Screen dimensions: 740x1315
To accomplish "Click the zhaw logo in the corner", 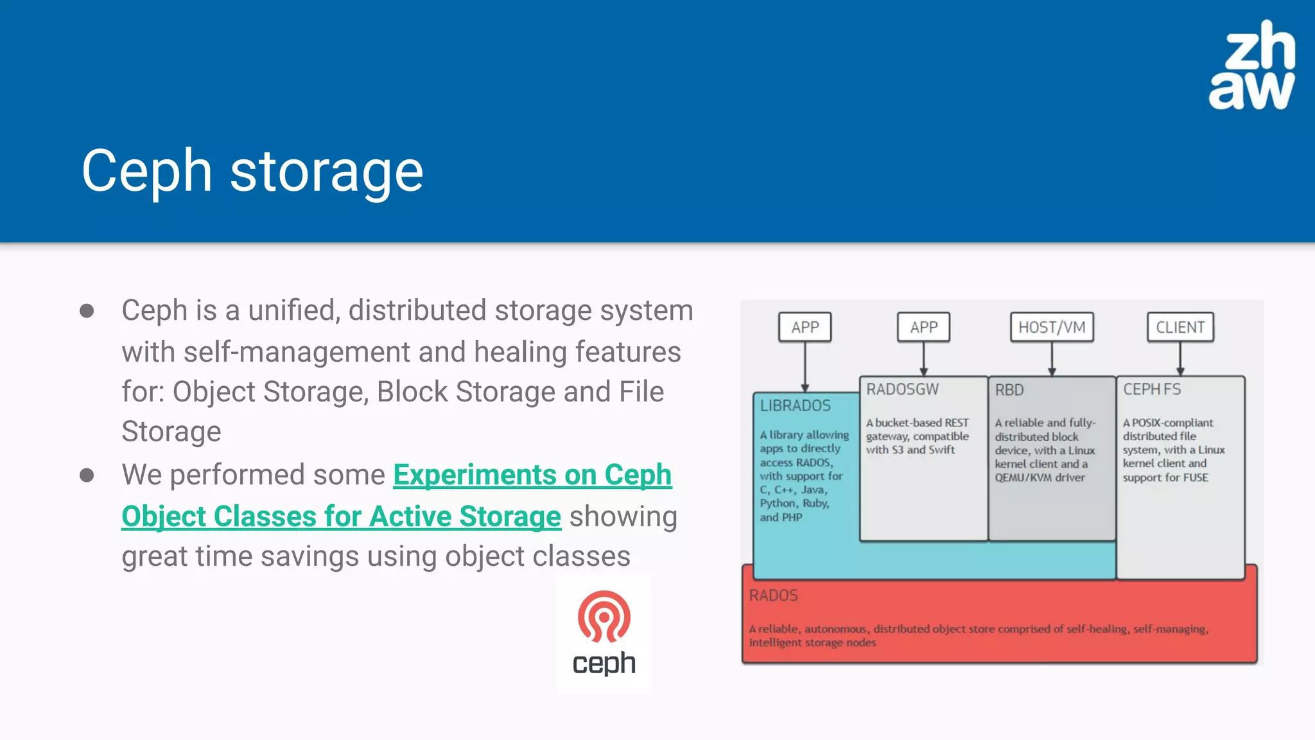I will [x=1251, y=66].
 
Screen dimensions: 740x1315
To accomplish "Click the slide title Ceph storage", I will [x=252, y=171].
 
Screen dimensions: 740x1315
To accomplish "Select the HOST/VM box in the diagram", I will [x=1051, y=328].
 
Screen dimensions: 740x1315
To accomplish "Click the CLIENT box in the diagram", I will [x=1180, y=328].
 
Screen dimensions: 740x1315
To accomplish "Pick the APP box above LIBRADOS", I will [x=805, y=328].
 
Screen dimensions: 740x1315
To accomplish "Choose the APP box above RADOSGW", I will [x=923, y=328].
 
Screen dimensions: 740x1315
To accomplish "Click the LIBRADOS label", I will [x=795, y=406].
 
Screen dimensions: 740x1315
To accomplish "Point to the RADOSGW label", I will [x=901, y=389].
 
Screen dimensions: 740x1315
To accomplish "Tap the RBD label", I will [x=1009, y=390].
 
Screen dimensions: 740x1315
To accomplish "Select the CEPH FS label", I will [x=1151, y=389].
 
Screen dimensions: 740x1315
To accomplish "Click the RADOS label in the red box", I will [x=773, y=595].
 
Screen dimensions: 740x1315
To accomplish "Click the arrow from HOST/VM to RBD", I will [x=1052, y=360].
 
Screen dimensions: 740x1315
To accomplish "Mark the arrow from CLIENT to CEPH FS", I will [x=1180, y=360].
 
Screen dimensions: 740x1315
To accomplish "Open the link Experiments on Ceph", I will [x=532, y=475].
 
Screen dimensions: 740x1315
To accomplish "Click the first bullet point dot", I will [x=87, y=312].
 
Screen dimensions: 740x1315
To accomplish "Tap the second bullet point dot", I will [x=87, y=475].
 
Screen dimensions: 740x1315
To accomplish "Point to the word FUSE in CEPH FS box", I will [x=1196, y=477].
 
